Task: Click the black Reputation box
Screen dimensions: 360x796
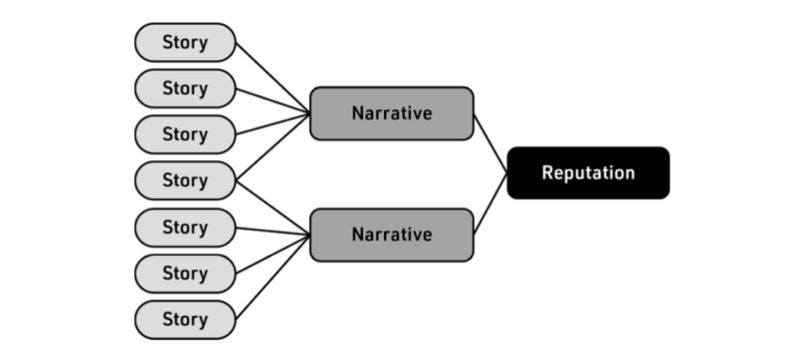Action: [588, 173]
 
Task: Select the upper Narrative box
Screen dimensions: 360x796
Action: [391, 112]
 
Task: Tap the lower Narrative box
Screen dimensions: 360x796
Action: [391, 235]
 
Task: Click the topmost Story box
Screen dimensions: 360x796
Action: [185, 43]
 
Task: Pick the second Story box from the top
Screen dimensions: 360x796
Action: [185, 89]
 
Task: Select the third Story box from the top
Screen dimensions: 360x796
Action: [185, 134]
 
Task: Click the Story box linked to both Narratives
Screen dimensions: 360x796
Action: [185, 180]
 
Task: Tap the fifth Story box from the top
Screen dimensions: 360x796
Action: [185, 227]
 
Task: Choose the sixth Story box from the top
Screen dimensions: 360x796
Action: [185, 272]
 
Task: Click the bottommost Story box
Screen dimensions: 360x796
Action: [185, 319]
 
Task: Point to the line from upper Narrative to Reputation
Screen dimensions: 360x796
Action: [491, 143]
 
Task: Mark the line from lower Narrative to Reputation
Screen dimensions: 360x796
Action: [491, 204]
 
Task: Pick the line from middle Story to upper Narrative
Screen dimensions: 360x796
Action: [273, 148]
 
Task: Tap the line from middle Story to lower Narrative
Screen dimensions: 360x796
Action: [273, 207]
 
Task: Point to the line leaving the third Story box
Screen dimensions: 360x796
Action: [271, 124]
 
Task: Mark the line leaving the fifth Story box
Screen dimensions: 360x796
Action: [273, 231]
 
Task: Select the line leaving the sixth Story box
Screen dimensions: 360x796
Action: [273, 255]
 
